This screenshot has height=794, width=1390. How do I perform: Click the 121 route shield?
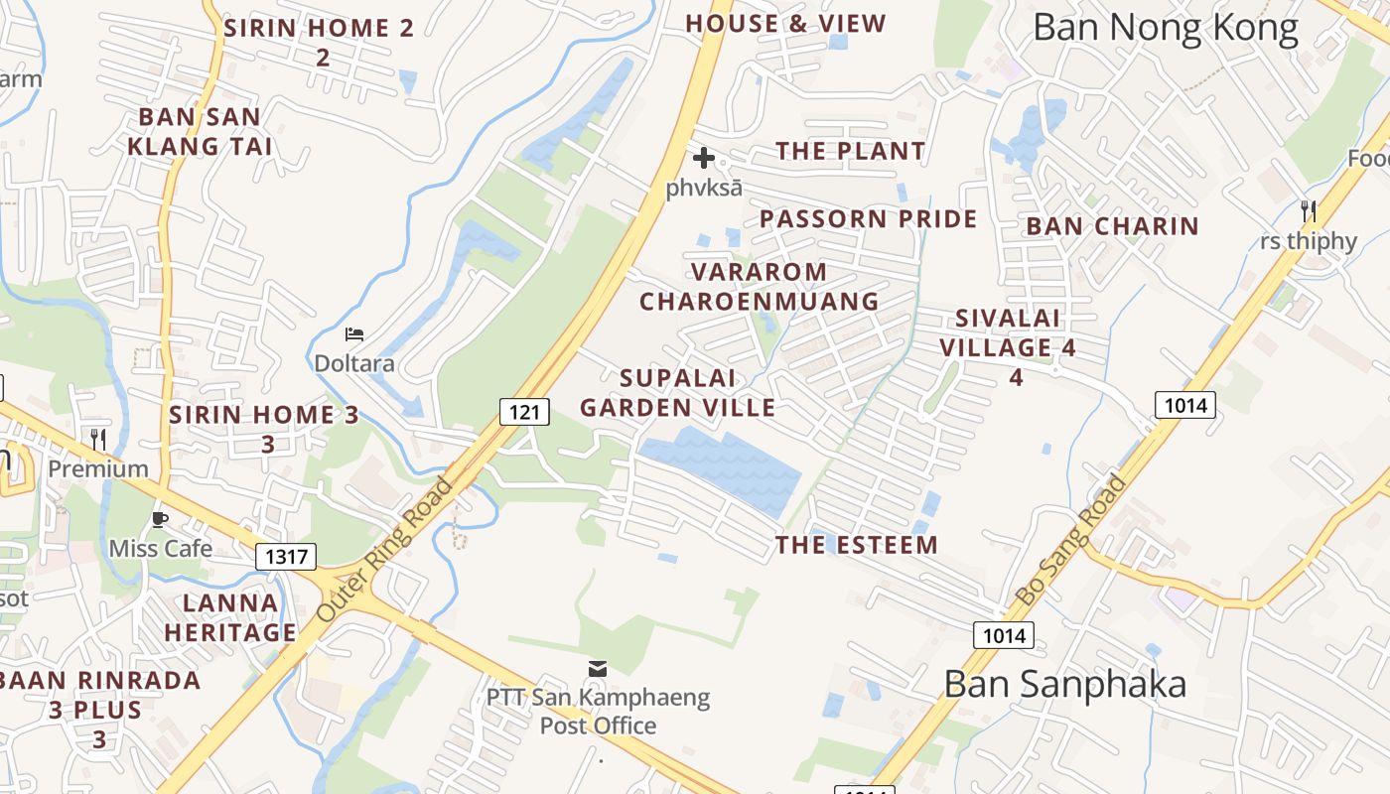point(523,411)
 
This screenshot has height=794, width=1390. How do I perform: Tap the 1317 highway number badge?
point(287,557)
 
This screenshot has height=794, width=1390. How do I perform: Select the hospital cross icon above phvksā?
point(704,158)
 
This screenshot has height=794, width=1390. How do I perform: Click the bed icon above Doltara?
point(354,334)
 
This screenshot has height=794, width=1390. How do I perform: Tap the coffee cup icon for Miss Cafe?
point(159,519)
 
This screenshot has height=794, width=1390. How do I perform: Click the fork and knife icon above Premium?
point(98,439)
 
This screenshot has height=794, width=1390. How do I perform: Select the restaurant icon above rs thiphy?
point(1309,210)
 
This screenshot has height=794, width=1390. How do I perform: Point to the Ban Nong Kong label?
point(1166,28)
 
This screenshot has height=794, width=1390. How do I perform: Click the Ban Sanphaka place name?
point(1064,684)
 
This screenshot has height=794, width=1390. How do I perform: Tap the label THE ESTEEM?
point(856,545)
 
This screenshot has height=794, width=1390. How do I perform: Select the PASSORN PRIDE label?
point(868,219)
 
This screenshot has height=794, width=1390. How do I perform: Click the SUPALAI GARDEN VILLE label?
point(677,393)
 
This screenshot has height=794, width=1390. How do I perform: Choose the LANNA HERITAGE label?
point(230,617)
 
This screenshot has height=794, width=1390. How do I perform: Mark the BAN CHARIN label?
point(1112,226)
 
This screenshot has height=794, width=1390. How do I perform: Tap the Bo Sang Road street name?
point(1072,540)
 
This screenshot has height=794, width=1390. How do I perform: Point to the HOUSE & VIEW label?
point(785,24)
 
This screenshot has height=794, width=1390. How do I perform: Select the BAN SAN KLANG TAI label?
point(200,132)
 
